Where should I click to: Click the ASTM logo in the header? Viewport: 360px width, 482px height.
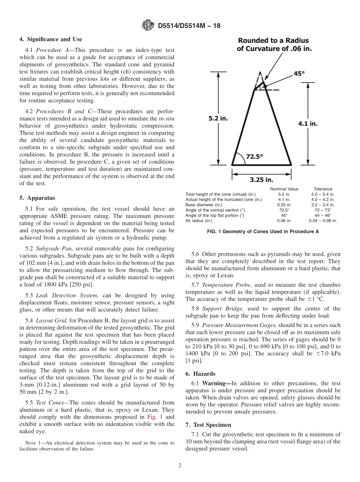point(148,25)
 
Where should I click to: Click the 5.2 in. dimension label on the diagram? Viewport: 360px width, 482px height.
point(218,119)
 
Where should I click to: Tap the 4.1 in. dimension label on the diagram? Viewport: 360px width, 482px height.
point(308,123)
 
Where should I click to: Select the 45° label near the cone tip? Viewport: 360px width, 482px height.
point(299,74)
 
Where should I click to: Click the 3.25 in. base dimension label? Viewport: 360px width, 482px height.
point(261,180)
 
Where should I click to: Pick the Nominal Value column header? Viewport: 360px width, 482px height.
point(284,189)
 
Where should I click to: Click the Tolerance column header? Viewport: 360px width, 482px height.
point(322,189)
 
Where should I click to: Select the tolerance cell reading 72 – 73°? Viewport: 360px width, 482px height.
point(322,210)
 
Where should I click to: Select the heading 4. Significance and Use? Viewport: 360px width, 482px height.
point(51,39)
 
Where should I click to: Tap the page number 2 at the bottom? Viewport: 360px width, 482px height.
point(180,466)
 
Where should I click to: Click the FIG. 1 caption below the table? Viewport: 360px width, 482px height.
point(261,232)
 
